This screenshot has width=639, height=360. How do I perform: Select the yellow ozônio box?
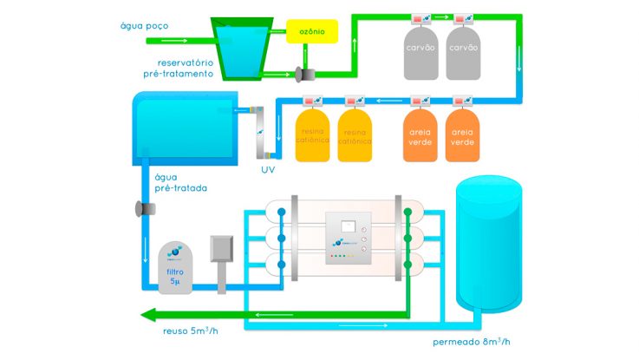pyautogui.click(x=311, y=32)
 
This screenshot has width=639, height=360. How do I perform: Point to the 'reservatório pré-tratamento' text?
pyautogui.click(x=185, y=68)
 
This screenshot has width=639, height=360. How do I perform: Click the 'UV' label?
pyautogui.click(x=268, y=170)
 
